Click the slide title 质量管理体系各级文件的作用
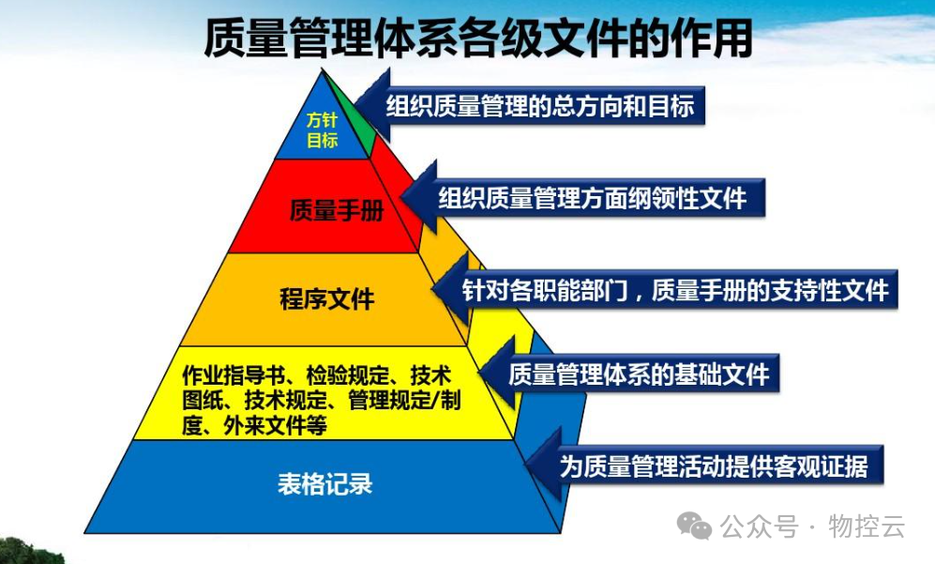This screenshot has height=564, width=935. [478, 38]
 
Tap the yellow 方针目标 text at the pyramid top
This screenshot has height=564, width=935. [322, 130]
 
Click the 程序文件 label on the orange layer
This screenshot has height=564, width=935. [327, 299]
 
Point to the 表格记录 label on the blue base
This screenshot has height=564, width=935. [325, 484]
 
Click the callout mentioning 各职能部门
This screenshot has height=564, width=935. [675, 289]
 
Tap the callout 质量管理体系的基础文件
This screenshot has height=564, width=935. [638, 375]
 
